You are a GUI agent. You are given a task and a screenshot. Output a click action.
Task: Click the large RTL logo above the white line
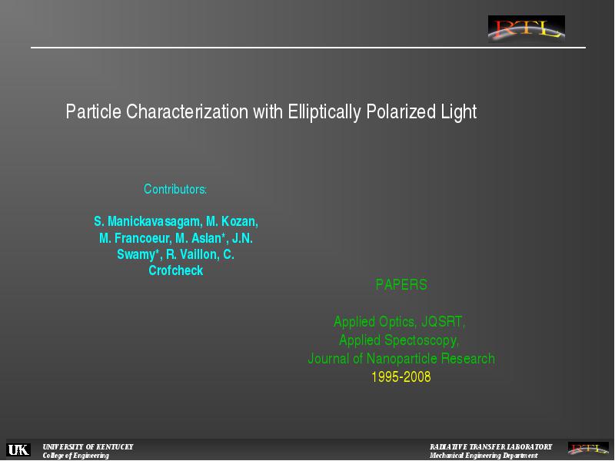coord(527,29)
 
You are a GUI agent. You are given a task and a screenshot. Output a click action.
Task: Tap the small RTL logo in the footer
coord(588,449)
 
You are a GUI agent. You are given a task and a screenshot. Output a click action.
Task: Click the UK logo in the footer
coord(18,449)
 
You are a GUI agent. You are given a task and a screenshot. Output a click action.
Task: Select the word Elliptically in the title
coord(324,112)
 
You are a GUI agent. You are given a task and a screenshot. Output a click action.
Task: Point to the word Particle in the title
coord(93,111)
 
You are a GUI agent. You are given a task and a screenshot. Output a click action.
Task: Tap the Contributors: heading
coord(175,189)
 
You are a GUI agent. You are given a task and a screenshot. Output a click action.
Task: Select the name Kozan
coord(240,221)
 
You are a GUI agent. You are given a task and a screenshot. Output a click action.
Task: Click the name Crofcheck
coord(176,270)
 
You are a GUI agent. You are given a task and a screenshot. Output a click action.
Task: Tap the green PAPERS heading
coord(401,284)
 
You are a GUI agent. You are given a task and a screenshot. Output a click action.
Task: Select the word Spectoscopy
coord(421,340)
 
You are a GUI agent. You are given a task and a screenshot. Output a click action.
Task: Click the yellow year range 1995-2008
coord(401,376)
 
